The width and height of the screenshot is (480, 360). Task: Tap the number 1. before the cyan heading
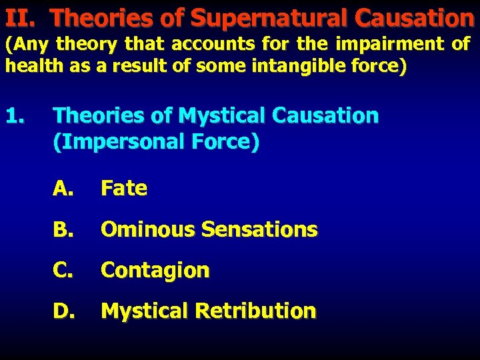tap(15, 116)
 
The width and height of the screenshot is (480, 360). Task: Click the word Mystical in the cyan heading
tap(222, 116)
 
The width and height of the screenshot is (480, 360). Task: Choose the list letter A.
tap(63, 189)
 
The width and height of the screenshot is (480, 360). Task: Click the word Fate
tap(123, 189)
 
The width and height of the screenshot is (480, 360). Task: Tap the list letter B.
tap(63, 230)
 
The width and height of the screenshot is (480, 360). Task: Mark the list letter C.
tap(63, 271)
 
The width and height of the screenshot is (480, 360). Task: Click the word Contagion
tap(155, 271)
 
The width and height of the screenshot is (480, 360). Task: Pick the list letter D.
tap(63, 311)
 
